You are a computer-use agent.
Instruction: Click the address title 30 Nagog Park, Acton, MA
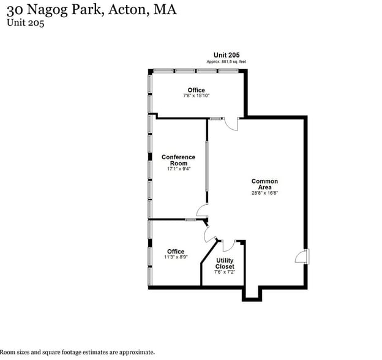coord(91,11)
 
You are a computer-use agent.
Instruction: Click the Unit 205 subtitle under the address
coord(26,23)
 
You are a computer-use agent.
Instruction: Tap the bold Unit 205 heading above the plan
coord(226,55)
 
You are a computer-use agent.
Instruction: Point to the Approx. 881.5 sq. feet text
coord(226,62)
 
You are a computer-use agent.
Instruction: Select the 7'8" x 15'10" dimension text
coord(196,96)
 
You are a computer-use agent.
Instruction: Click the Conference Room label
coord(178,160)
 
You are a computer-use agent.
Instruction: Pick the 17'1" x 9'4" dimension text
coord(178,169)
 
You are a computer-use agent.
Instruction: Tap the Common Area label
coord(264,184)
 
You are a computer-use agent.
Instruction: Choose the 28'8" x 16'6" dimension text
coord(264,193)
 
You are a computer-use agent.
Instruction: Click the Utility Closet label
coord(225,264)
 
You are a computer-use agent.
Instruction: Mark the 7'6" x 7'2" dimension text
coord(225,273)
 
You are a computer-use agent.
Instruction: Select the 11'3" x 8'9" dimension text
coord(176,257)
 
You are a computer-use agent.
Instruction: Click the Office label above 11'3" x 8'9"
coord(176,251)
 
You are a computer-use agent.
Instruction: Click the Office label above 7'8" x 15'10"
coord(196,90)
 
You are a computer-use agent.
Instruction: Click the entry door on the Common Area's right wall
coord(302,257)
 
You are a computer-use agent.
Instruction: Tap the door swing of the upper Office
coord(231,124)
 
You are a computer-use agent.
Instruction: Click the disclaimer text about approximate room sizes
coord(77,352)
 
